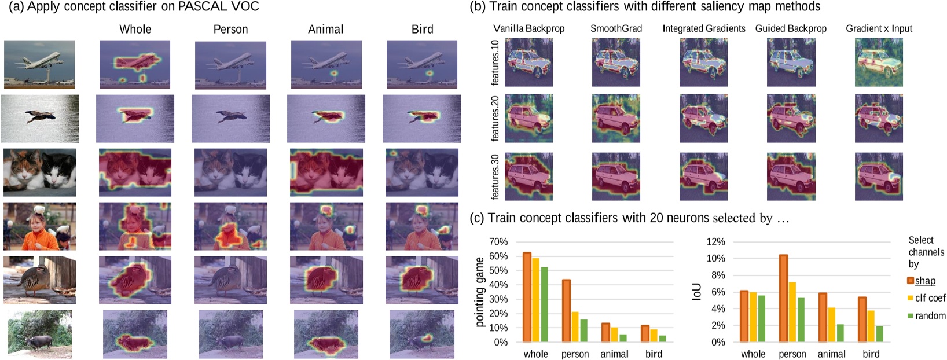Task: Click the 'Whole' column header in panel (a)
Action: coord(135,29)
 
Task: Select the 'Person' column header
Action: coord(230,29)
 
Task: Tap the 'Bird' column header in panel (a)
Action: coord(422,29)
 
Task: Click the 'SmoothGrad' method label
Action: coord(616,28)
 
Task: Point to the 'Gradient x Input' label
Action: coord(879,28)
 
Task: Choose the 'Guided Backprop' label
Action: coord(791,28)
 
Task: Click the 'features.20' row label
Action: coord(495,119)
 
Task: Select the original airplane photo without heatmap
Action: coord(39,64)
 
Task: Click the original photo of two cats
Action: coord(39,172)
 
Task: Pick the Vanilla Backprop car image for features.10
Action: coord(528,63)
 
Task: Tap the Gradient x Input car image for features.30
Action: coord(879,177)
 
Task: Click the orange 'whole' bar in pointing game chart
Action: coord(527,297)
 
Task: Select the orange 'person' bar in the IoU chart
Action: coord(783,298)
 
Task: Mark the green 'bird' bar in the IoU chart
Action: coord(879,334)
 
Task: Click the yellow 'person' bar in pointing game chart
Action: coord(575,327)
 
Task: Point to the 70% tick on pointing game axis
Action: coord(498,242)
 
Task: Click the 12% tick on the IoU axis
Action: coord(715,242)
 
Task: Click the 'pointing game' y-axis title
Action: coord(480,292)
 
